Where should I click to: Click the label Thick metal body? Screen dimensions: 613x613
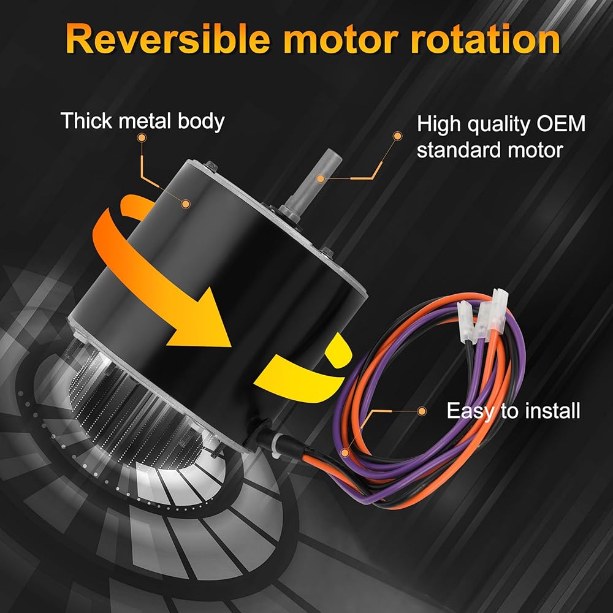[142, 121]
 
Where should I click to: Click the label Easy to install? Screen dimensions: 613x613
[513, 410]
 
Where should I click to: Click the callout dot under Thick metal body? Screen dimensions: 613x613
[142, 139]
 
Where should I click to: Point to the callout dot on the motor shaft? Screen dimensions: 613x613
[320, 178]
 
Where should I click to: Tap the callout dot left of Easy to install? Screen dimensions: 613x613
[421, 410]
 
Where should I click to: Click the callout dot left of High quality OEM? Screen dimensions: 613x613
[398, 135]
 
